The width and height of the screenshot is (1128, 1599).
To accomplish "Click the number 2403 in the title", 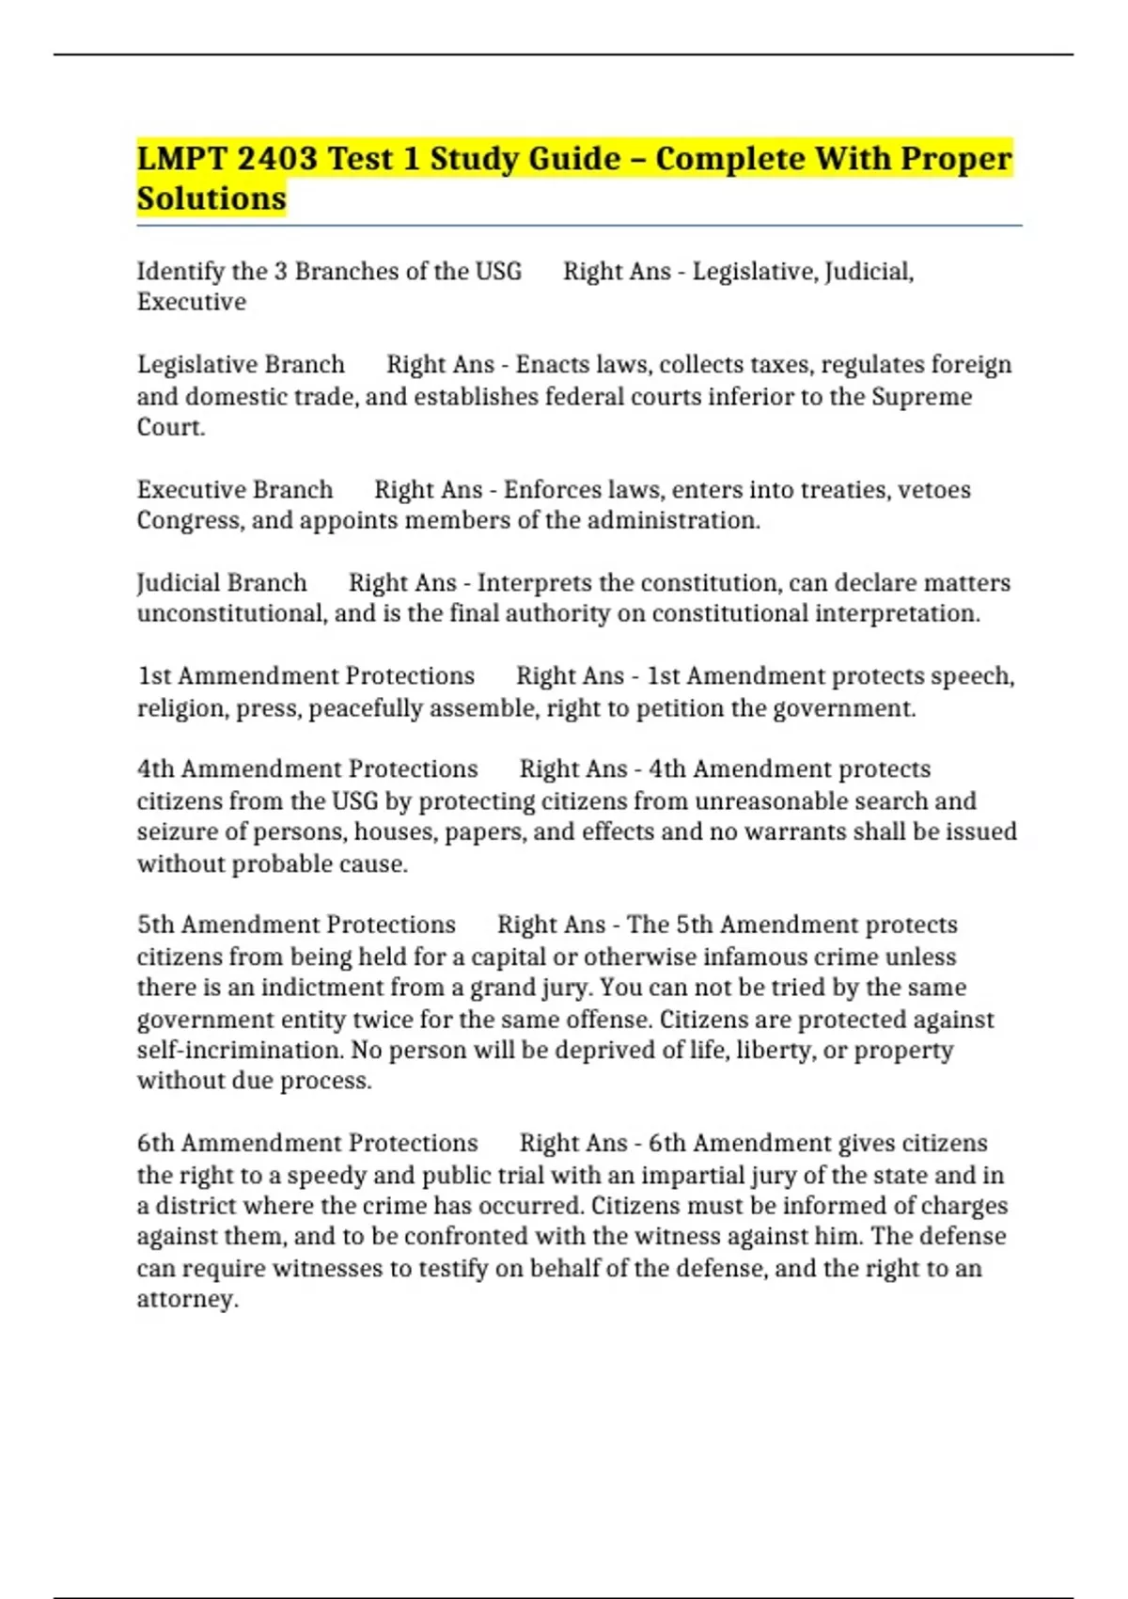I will pyautogui.click(x=277, y=158).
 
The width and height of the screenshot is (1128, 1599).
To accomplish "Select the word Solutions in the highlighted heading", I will pyautogui.click(x=211, y=198).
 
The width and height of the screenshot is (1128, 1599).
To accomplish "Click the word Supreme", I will pyautogui.click(x=921, y=396).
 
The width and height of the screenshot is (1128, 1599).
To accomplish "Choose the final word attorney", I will pyautogui.click(x=186, y=1299).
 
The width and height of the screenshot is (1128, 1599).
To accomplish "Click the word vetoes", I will pyautogui.click(x=933, y=490).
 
